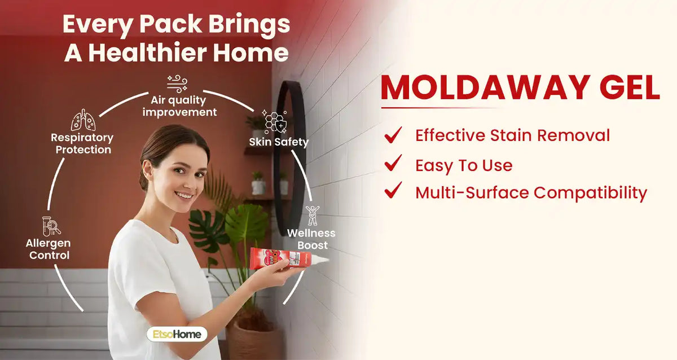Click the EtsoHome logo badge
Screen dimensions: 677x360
coord(177,334)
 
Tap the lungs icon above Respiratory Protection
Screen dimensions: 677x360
coord(83,120)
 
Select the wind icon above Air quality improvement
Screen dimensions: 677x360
coord(177,84)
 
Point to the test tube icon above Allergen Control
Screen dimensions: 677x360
coord(51,226)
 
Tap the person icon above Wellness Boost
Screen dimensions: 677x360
coord(312,216)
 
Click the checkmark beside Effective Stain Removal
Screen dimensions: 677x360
coord(393,135)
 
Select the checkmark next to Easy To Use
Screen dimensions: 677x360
coord(393,163)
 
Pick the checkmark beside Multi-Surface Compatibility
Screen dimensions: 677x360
coord(393,190)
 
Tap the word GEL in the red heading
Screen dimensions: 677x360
coord(630,87)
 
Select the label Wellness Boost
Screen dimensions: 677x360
coord(311,239)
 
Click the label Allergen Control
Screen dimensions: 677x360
coord(49,249)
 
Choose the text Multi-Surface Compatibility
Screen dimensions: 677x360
coord(531,193)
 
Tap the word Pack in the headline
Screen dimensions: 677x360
coord(171,24)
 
